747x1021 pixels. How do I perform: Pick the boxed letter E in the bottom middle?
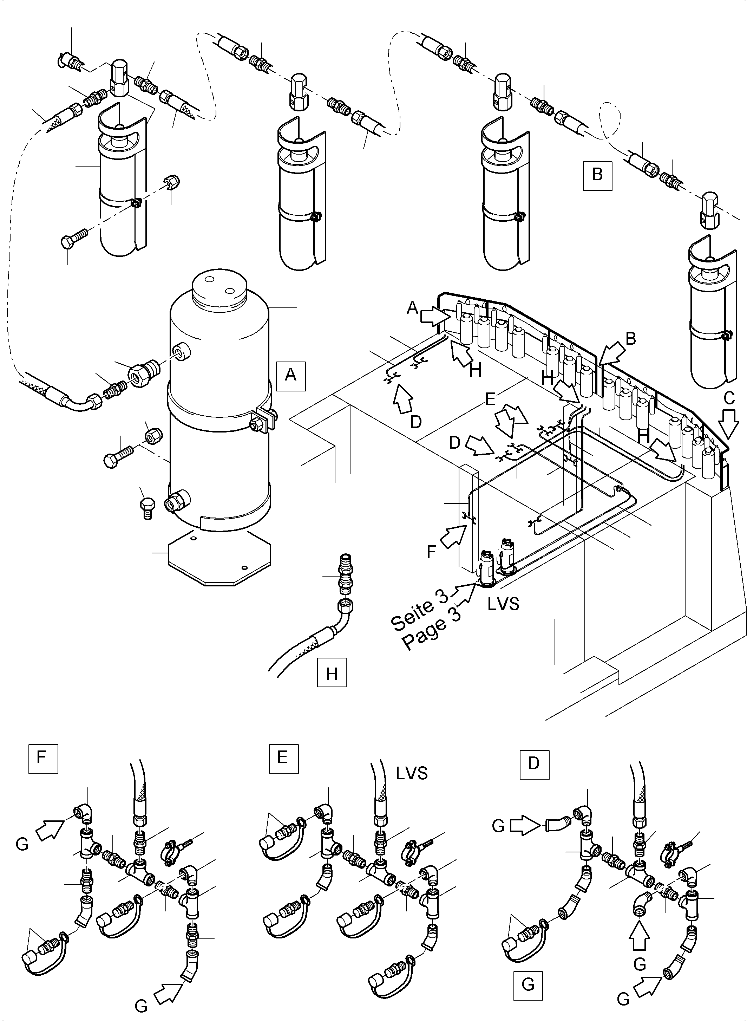(283, 758)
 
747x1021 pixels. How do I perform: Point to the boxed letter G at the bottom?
(528, 984)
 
